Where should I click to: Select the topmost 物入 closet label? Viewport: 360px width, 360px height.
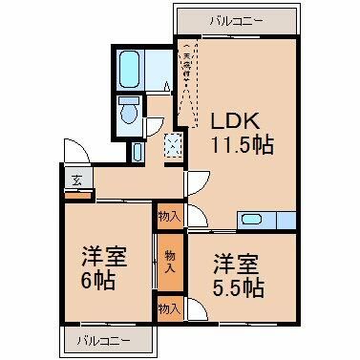(169, 218)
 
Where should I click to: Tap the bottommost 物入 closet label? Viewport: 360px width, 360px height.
(169, 308)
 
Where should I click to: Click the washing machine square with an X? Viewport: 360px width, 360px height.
(172, 146)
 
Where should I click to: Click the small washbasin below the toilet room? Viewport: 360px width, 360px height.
(138, 150)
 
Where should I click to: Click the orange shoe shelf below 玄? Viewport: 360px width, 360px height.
(78, 195)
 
